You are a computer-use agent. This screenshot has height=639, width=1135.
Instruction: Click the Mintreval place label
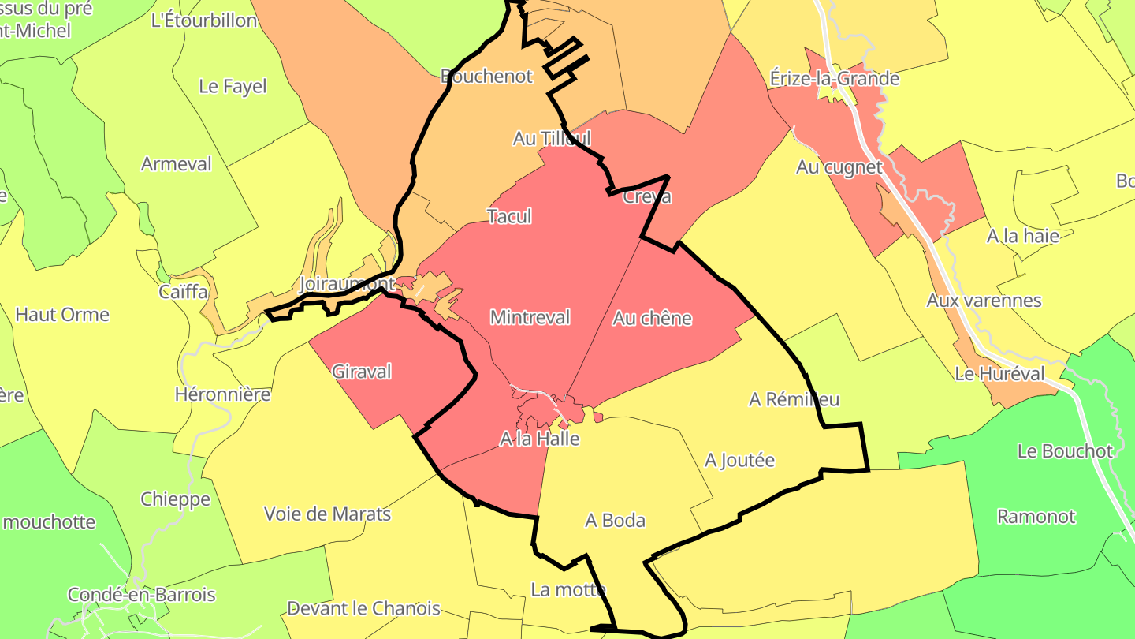(530, 318)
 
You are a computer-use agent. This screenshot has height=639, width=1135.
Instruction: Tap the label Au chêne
(652, 319)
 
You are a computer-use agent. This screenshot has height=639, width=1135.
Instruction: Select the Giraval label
(362, 372)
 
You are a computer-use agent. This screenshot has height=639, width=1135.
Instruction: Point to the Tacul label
(509, 216)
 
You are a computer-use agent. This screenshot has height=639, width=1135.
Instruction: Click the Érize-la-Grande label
(835, 79)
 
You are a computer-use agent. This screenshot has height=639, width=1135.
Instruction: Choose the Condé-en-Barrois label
(141, 595)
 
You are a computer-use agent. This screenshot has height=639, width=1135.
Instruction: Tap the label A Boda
(615, 521)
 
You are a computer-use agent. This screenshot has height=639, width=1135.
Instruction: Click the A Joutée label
(740, 460)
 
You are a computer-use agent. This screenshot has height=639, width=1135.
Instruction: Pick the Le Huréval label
(999, 374)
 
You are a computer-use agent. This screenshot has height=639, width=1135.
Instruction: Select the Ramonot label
(1036, 517)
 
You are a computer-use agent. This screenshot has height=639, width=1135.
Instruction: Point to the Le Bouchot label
(1065, 451)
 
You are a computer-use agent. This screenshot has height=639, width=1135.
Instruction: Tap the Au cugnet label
(839, 167)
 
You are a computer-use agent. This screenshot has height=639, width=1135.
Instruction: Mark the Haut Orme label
(62, 315)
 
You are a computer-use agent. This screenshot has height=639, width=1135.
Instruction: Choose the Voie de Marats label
(327, 514)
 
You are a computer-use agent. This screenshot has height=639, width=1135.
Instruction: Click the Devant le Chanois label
(363, 609)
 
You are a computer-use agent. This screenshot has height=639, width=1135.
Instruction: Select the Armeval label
(177, 164)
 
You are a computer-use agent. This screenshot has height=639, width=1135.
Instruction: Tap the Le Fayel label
(233, 87)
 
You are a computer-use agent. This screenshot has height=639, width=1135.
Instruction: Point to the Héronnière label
(222, 394)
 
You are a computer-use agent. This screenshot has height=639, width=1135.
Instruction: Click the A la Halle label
(540, 439)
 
